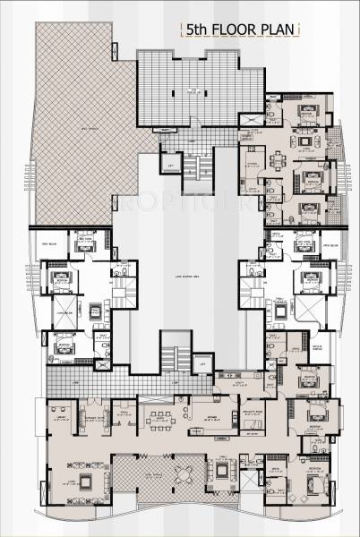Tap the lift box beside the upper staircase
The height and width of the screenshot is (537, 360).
click(167, 166)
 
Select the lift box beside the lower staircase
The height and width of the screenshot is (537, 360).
click(203, 364)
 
